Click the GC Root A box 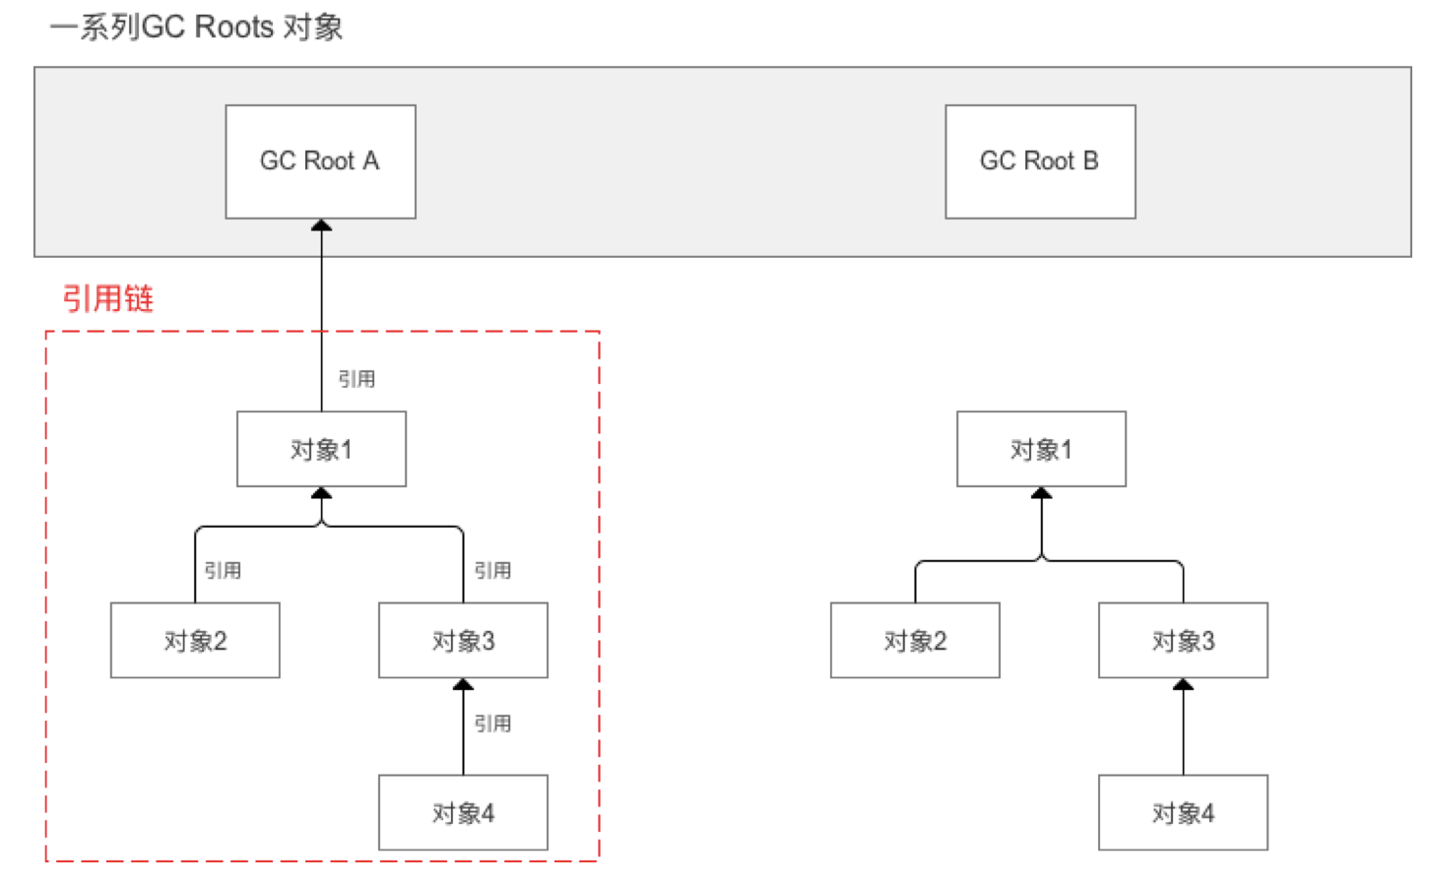point(320,161)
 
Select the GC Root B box point(1040,161)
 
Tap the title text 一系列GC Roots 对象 point(196,27)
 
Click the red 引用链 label point(108,297)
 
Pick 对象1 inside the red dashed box point(321,449)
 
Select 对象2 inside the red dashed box point(195,641)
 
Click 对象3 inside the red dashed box point(463,641)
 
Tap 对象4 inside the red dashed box point(463,813)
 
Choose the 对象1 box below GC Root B point(1041,449)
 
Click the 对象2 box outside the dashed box point(915,641)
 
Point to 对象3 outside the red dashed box point(1183,641)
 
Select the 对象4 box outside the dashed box point(1183,813)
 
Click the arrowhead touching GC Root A point(321,226)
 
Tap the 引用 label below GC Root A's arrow point(357,379)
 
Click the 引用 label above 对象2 point(223,570)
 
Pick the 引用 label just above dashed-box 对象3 point(492,570)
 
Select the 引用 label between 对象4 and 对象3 point(492,724)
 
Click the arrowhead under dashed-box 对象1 point(321,493)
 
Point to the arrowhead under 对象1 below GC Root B point(1041,493)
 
